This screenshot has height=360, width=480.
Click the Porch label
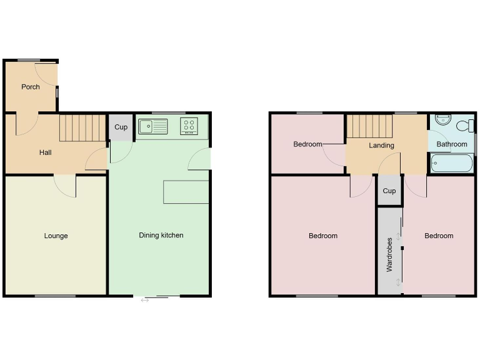[x=31, y=87]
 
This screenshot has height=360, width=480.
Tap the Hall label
[x=46, y=152]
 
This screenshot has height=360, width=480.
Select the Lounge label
[x=56, y=236]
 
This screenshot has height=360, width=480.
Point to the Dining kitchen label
[x=161, y=236]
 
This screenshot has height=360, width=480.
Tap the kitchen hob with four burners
[x=189, y=126]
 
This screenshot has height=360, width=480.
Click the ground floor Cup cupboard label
[x=121, y=127]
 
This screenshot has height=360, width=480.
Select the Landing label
[x=381, y=146]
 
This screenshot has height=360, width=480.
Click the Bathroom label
[x=451, y=144]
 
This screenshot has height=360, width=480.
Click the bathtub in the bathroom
[x=451, y=164]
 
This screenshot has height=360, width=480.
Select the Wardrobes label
[x=389, y=254]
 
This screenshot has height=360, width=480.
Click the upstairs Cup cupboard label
[x=389, y=191]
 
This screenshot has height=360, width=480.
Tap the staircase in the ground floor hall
[x=82, y=127]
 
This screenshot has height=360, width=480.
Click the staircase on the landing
[x=368, y=127]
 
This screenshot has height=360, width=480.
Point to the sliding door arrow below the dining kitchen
[x=145, y=301]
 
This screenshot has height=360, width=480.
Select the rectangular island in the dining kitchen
[x=186, y=192]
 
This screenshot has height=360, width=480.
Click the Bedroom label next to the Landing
[x=307, y=144]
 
